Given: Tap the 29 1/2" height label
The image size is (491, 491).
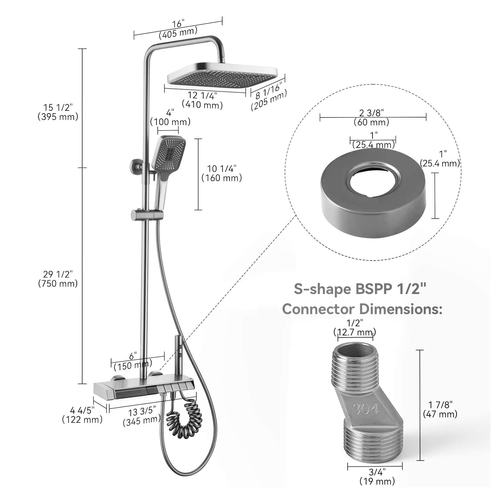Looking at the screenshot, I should pos(58,274).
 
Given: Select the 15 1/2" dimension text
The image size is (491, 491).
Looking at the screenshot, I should pos(58,107).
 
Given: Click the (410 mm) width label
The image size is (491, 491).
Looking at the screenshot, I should pos(202,105).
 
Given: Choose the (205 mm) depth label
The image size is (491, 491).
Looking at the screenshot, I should pos(269,100).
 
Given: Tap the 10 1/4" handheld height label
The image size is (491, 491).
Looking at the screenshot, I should pos(222,168).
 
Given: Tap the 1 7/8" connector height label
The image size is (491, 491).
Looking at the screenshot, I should pos(440,405).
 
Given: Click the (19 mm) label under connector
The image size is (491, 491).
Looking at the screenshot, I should pos(377,481).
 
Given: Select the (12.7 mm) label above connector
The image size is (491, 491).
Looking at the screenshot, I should pos(354,332).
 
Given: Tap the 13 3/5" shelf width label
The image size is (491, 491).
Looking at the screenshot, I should pos(142,411).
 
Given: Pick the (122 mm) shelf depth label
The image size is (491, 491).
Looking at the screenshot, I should pos(82,419).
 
